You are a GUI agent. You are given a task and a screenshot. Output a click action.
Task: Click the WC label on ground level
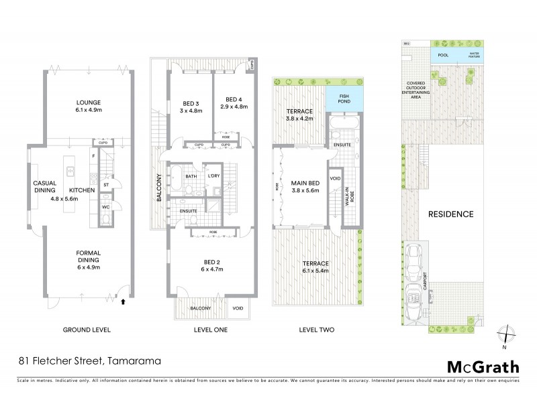click(105, 207)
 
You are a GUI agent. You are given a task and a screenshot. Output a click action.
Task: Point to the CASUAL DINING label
click(45, 186)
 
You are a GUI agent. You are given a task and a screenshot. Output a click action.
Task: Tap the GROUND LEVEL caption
click(86, 330)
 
